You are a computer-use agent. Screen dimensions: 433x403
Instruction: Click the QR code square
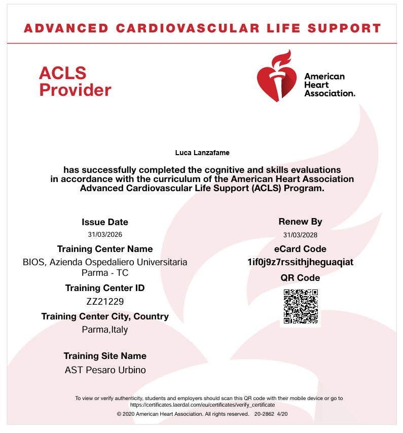click(301, 307)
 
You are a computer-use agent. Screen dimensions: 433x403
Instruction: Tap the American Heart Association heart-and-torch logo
click(277, 77)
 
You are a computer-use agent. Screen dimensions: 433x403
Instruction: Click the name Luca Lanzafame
click(202, 153)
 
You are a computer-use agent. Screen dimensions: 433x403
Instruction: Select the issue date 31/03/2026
click(105, 234)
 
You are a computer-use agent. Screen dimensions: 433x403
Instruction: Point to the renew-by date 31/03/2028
click(300, 235)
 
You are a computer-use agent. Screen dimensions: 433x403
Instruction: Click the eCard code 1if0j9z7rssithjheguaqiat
click(300, 262)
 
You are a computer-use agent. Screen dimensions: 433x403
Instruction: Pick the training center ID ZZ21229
click(105, 301)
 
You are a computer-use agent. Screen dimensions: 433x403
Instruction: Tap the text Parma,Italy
click(105, 330)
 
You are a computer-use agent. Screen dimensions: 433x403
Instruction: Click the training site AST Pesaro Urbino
click(105, 370)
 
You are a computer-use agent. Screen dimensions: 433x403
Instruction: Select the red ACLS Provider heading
click(75, 82)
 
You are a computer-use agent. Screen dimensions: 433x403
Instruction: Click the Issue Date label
click(105, 222)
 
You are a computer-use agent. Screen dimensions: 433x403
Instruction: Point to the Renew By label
click(300, 222)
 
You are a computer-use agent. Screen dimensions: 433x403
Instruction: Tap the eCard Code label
click(300, 249)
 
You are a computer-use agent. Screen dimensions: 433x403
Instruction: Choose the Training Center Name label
click(105, 249)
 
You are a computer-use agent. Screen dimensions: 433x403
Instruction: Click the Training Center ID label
click(105, 288)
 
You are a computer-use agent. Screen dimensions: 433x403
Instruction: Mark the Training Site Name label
click(105, 356)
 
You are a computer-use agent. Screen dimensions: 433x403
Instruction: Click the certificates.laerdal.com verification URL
click(202, 405)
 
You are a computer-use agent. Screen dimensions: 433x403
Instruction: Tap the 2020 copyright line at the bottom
click(182, 414)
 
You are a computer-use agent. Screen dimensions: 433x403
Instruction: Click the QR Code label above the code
click(300, 278)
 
